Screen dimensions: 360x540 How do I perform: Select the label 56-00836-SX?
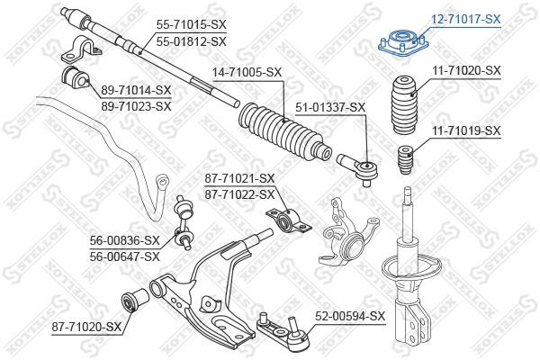pos(123,240)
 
